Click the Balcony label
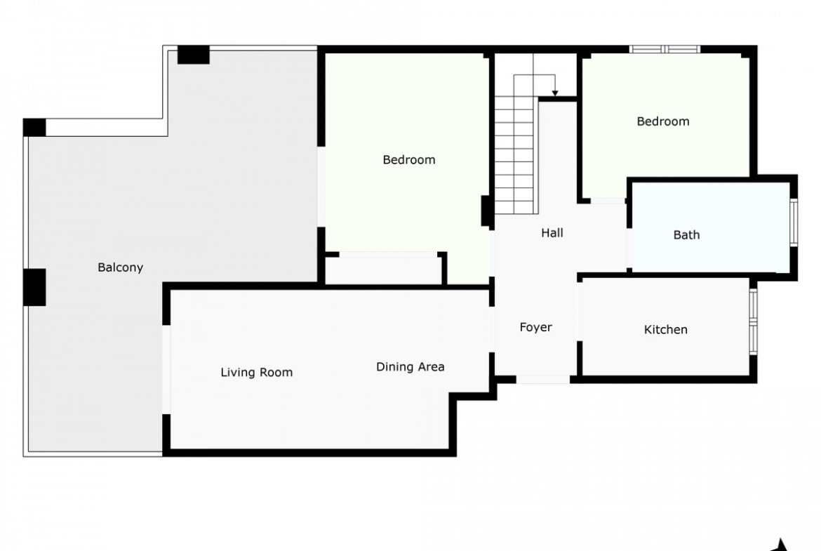pos(121,267)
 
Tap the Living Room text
pos(257,373)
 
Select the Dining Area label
pos(410,366)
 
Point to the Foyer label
pos(535,327)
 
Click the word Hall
pos(552,232)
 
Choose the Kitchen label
pos(665,329)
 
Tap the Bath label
pos(686,234)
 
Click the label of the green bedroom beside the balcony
pos(409,160)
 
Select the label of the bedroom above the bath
pos(663,121)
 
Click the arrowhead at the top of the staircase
pos(555,94)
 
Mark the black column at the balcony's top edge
pos(193,55)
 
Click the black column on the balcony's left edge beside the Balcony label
pos(34,287)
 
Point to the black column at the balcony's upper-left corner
pos(34,127)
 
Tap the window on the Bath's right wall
pos(794,222)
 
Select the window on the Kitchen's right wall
pos(754,321)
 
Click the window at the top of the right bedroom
pos(665,49)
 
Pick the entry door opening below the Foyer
pos(543,379)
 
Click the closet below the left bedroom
pos(384,270)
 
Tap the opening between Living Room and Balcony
pos(166,370)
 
